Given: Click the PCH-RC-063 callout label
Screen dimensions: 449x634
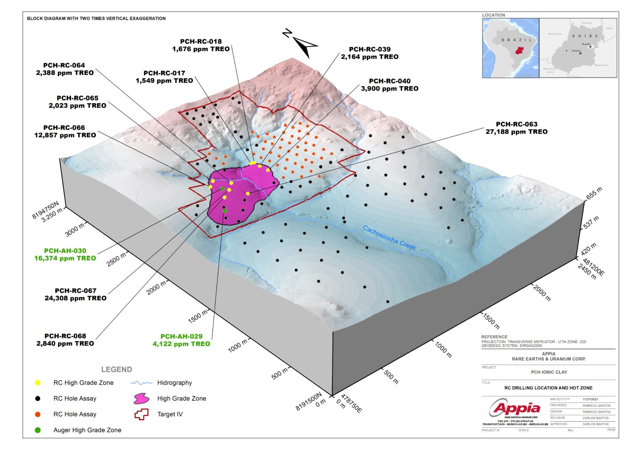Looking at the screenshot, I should click(516, 124).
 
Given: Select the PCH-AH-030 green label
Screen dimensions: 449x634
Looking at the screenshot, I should click(65, 251).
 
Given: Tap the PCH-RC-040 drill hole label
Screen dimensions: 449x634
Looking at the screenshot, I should click(389, 81).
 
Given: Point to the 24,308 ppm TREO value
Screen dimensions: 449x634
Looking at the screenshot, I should click(76, 298).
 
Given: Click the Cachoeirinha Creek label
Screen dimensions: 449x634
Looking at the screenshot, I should click(389, 237).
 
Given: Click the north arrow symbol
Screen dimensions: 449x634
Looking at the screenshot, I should click(303, 44).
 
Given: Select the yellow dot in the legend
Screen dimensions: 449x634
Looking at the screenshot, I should click(38, 383).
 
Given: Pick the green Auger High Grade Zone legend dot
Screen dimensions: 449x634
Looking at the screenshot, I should click(38, 430).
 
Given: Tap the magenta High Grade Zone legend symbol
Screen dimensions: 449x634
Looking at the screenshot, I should click(141, 399).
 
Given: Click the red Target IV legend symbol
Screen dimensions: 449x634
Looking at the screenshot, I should click(141, 414).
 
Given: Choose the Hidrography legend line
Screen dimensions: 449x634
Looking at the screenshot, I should click(141, 383).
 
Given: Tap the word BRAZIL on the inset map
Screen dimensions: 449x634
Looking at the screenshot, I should click(517, 40).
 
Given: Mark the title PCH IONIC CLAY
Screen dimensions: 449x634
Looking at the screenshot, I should click(549, 372).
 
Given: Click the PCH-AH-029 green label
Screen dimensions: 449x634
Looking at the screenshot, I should click(181, 337).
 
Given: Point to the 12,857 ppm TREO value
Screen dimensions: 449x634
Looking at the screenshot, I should click(65, 135).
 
